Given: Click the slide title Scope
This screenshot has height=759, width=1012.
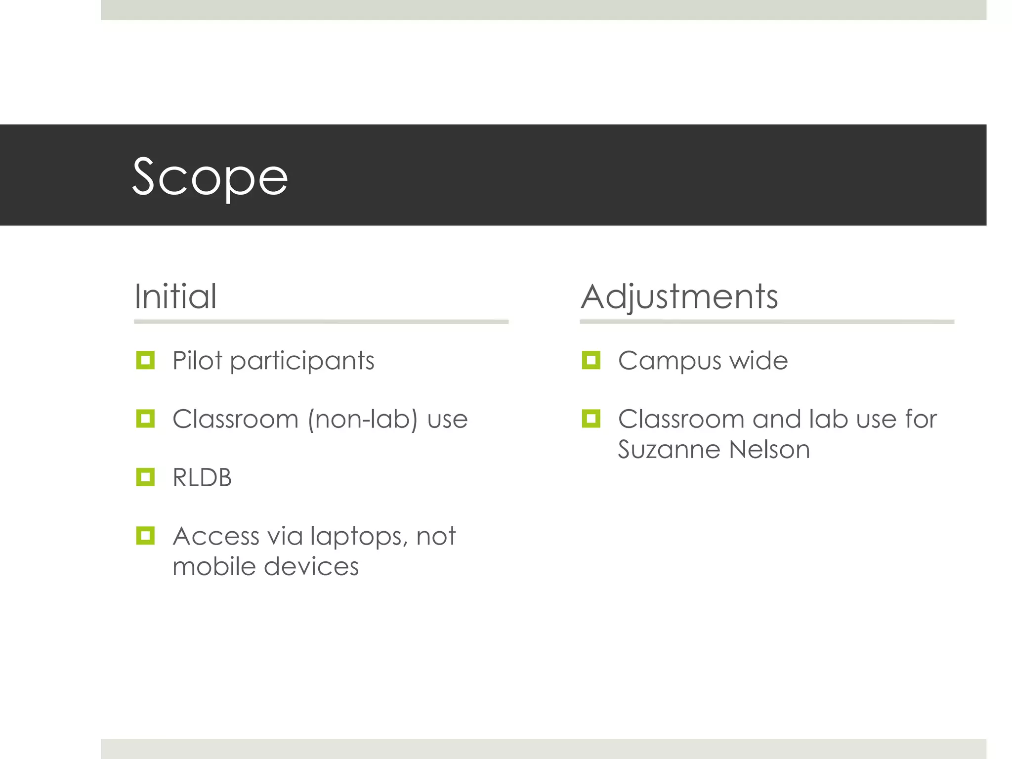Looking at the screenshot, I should [210, 177].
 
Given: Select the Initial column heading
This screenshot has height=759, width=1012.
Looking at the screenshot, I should [175, 296].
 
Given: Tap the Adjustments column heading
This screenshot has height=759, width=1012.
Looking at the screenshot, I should [679, 297].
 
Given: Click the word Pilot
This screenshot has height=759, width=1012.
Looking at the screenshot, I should [197, 360].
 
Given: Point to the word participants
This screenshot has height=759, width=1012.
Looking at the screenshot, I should [302, 361].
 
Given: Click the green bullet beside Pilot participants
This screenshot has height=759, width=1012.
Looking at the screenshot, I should [145, 360].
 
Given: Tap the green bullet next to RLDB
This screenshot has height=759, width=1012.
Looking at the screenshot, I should [145, 477].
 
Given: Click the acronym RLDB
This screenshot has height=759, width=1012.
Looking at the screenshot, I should [202, 477].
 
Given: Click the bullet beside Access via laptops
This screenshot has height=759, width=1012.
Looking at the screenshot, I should [145, 535].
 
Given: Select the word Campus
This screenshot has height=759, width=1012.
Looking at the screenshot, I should [669, 361].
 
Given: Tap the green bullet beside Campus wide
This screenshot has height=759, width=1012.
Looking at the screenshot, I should [591, 360].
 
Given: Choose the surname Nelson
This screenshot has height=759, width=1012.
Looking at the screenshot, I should [769, 450].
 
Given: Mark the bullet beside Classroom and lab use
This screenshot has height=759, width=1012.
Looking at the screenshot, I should [591, 419].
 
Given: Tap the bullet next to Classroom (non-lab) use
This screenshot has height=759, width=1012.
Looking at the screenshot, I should [145, 419].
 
